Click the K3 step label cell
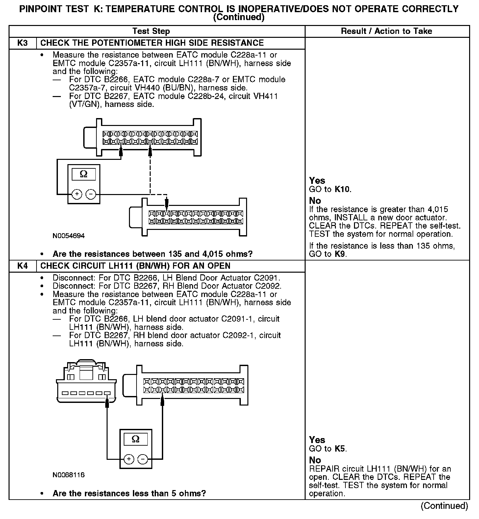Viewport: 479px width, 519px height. pyautogui.click(x=22, y=43)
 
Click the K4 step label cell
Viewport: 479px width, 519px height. pyautogui.click(x=22, y=266)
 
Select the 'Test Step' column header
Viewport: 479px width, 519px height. pyautogui.click(x=151, y=31)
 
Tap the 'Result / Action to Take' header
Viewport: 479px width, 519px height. pyautogui.click(x=387, y=31)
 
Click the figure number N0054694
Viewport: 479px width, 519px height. pyautogui.click(x=68, y=236)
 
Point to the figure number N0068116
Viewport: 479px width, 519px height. pyautogui.click(x=68, y=475)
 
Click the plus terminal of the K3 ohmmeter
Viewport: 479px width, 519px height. pyautogui.click(x=77, y=194)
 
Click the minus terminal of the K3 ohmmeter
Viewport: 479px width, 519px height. pyautogui.click(x=90, y=194)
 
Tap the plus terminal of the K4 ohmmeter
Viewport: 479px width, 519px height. pyautogui.click(x=129, y=459)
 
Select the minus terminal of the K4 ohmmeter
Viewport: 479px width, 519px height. pyautogui.click(x=142, y=459)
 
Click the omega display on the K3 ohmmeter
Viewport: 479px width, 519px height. pyautogui.click(x=84, y=174)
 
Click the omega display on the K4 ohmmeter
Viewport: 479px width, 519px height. pyautogui.click(x=135, y=439)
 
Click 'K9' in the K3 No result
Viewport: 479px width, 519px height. pyautogui.click(x=340, y=254)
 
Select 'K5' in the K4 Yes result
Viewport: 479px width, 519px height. pyautogui.click(x=340, y=449)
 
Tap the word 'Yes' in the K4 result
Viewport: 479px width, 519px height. pyautogui.click(x=317, y=440)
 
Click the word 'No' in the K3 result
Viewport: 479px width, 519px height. pyautogui.click(x=315, y=201)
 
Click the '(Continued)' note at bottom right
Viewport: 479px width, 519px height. pyautogui.click(x=444, y=506)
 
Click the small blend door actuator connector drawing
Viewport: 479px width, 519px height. pyautogui.click(x=86, y=382)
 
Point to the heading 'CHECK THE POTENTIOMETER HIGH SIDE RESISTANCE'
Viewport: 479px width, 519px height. pyautogui.click(x=152, y=43)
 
